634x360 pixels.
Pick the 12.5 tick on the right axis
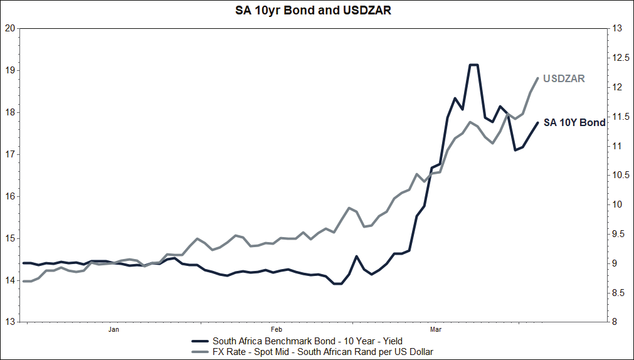[x=620, y=58]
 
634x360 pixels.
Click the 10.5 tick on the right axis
[x=620, y=175]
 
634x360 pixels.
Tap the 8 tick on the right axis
[x=617, y=322]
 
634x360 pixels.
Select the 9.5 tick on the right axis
[x=620, y=234]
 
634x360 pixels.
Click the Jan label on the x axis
[x=114, y=329]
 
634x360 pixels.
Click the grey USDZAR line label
[x=564, y=79]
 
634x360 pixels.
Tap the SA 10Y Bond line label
[x=574, y=123]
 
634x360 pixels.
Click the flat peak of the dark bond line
[x=474, y=65]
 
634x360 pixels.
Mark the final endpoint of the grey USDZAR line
[x=538, y=78]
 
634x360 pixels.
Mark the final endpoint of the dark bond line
[x=538, y=122]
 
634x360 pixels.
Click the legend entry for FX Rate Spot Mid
[x=322, y=352]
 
